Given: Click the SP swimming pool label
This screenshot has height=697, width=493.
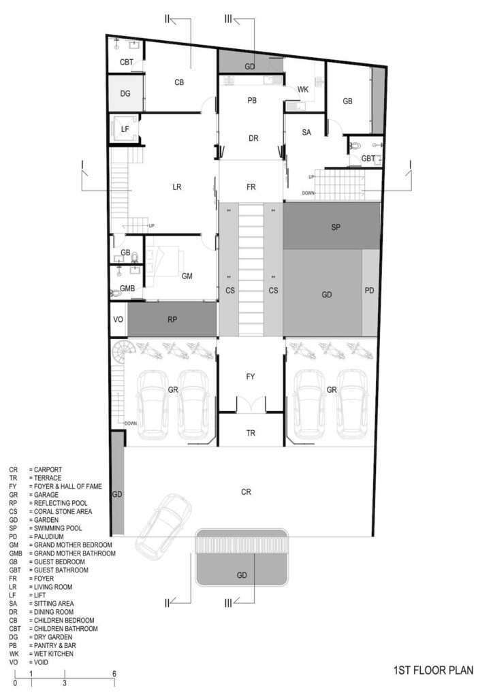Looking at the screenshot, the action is tap(336, 227).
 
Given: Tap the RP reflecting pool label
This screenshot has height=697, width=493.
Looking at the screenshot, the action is tap(172, 320).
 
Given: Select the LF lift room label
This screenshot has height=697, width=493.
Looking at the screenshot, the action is tap(125, 129).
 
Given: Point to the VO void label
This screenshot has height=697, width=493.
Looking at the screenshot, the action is tap(118, 320).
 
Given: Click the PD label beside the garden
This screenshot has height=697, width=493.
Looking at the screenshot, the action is tap(369, 291).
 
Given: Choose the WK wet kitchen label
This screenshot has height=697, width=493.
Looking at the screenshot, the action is tap(303, 90).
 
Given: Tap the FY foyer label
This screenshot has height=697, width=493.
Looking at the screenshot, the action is tap(251, 376).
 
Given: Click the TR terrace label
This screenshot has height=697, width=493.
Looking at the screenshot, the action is tap(251, 433).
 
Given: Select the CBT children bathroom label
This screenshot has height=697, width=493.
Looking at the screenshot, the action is tap(127, 62).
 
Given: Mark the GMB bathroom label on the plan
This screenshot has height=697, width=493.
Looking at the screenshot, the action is tap(127, 289).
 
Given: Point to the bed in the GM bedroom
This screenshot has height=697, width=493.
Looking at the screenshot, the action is tap(165, 262).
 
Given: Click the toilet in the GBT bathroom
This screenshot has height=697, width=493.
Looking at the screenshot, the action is tap(355, 146).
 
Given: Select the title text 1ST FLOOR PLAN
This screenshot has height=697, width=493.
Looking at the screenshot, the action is tap(434, 670).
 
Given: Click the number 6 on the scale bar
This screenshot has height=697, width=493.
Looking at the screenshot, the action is tap(114, 674).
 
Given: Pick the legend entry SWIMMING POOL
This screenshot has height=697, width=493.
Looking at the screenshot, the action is tap(59, 528).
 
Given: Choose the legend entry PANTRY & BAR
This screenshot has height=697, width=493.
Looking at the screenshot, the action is tap(55, 645).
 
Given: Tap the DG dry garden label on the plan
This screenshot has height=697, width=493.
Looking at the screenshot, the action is tap(125, 94).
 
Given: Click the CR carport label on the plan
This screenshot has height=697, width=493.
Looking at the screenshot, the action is tap(246, 492).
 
